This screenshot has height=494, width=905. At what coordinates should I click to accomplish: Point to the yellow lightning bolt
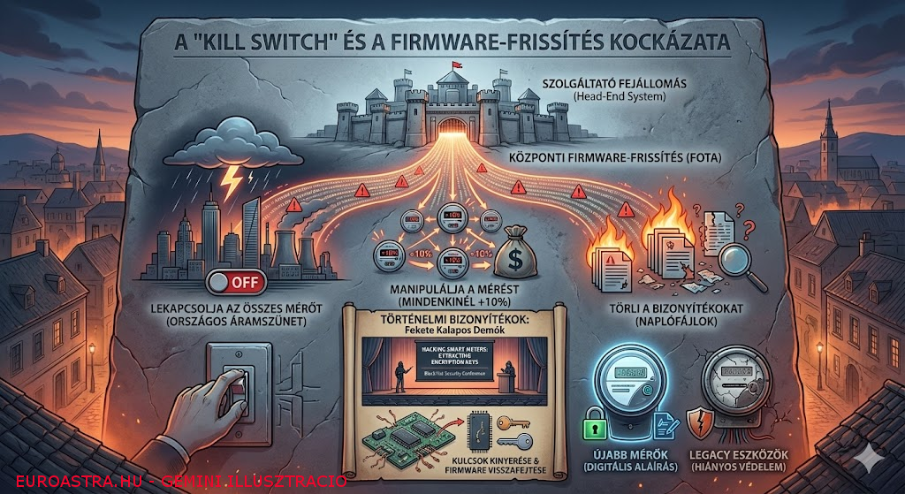click(x=231, y=182)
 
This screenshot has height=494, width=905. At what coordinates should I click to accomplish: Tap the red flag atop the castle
click(x=456, y=65)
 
